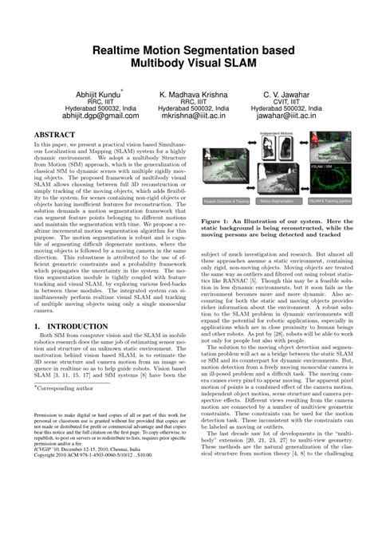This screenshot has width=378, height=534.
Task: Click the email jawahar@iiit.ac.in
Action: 292,116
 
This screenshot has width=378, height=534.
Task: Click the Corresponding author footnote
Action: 64,387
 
